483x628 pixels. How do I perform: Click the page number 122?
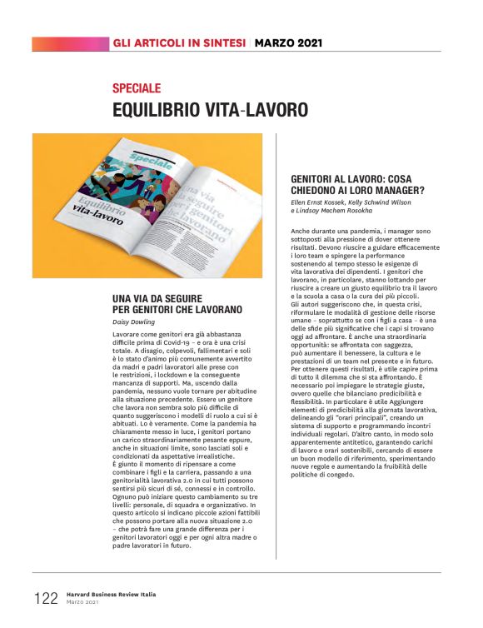pyautogui.click(x=46, y=597)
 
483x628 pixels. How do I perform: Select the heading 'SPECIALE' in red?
pyautogui.click(x=137, y=88)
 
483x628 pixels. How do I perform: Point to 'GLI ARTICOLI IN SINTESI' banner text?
pyautogui.click(x=179, y=42)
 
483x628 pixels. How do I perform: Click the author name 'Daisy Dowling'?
pyautogui.click(x=133, y=321)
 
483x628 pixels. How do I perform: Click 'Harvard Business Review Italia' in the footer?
pyautogui.click(x=108, y=595)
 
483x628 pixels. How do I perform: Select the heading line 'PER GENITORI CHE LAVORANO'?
pyautogui.click(x=177, y=310)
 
